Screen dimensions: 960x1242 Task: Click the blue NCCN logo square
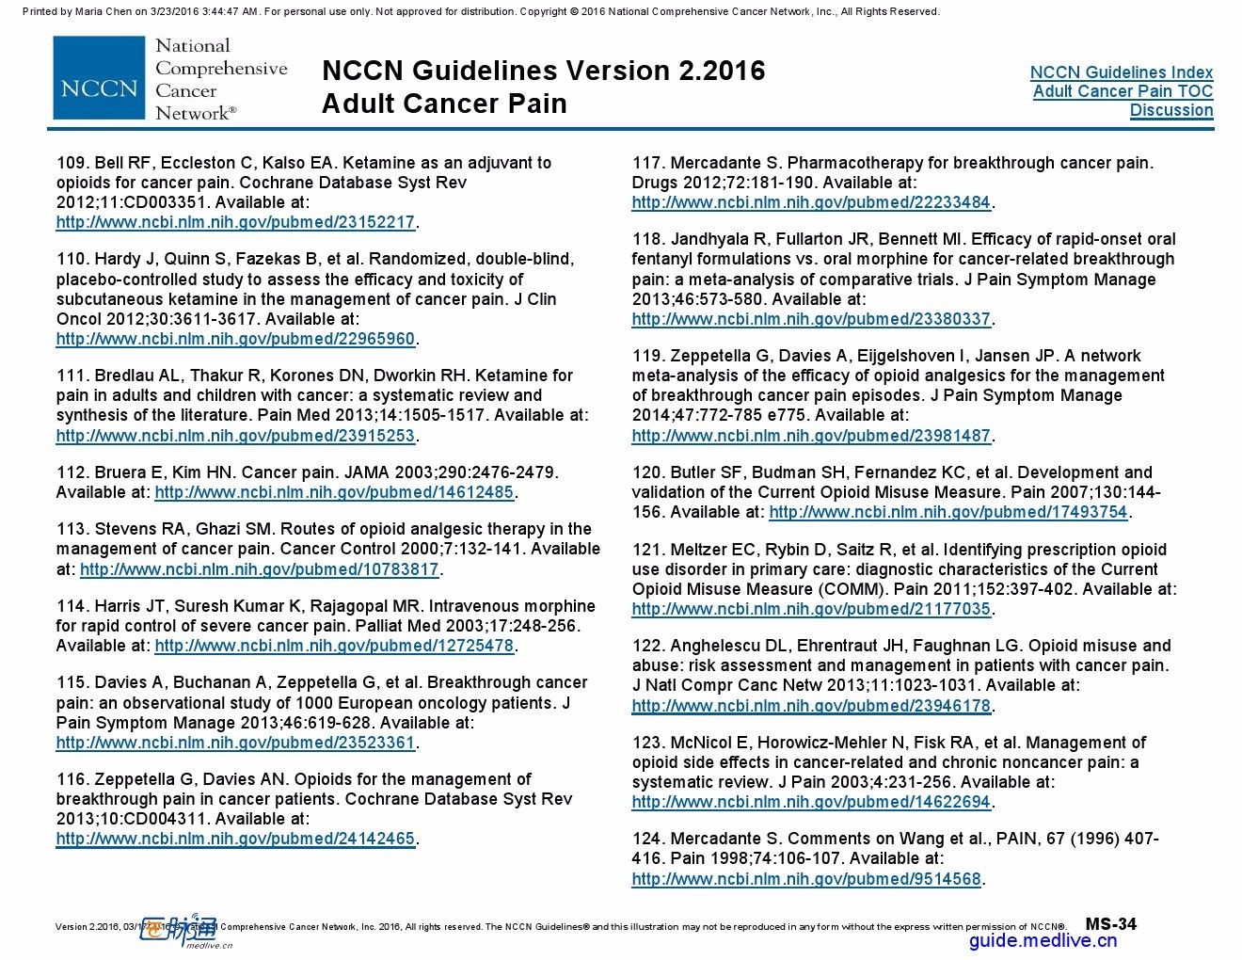pyautogui.click(x=99, y=78)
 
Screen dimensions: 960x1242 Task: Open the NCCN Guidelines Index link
pyautogui.click(x=1121, y=72)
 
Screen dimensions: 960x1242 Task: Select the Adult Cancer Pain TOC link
pyautogui.click(x=1123, y=91)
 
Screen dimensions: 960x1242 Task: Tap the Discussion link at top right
pyautogui.click(x=1170, y=110)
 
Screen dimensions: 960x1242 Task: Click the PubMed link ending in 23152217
pyautogui.click(x=235, y=222)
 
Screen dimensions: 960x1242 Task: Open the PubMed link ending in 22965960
pyautogui.click(x=235, y=339)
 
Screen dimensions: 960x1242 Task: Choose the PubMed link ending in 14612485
pyautogui.click(x=334, y=492)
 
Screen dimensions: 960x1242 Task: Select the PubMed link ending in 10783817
pyautogui.click(x=259, y=569)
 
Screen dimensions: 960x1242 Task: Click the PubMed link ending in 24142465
pyautogui.click(x=235, y=839)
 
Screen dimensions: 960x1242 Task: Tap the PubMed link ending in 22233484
pyautogui.click(x=811, y=202)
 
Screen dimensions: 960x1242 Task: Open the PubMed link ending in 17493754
pyautogui.click(x=947, y=512)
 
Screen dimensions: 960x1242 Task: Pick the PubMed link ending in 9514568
pyautogui.click(x=806, y=879)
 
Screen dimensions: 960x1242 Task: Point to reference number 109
pyautogui.click(x=71, y=163)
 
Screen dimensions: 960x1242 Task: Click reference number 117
pyautogui.click(x=646, y=163)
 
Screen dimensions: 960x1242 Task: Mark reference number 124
pyautogui.click(x=646, y=839)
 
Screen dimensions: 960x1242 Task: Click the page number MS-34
pyautogui.click(x=1110, y=924)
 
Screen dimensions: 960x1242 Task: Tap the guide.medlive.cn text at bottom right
pyautogui.click(x=1043, y=940)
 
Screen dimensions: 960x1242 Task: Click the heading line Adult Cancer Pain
pyautogui.click(x=444, y=104)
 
